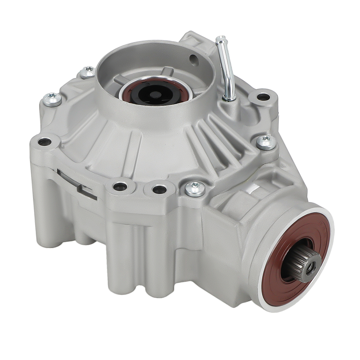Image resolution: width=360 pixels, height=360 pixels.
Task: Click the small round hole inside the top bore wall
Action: point(194,60)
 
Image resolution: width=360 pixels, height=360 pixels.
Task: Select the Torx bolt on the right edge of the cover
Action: point(266,143)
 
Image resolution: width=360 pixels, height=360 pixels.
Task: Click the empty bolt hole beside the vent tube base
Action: point(263,96)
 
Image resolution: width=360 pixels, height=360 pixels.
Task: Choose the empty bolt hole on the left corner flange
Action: point(45,142)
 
